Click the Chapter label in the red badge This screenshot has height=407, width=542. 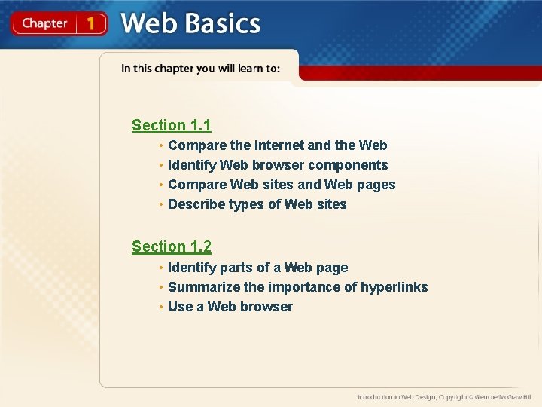(x=44, y=23)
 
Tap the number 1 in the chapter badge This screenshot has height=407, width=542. (x=91, y=23)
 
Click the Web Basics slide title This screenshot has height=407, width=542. (x=190, y=23)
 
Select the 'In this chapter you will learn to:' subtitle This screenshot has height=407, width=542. (x=200, y=69)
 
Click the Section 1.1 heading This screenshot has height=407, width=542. (x=171, y=125)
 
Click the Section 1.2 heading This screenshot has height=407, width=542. (x=171, y=246)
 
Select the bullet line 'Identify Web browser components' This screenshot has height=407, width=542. (x=278, y=165)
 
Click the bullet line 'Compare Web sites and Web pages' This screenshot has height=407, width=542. (x=282, y=185)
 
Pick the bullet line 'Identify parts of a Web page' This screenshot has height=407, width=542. (x=257, y=268)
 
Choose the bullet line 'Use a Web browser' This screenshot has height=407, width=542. (x=230, y=307)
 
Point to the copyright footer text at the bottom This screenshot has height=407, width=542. (x=443, y=396)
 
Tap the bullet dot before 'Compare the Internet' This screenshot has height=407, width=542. (x=160, y=145)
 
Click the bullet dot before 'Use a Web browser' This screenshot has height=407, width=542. (x=160, y=307)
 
